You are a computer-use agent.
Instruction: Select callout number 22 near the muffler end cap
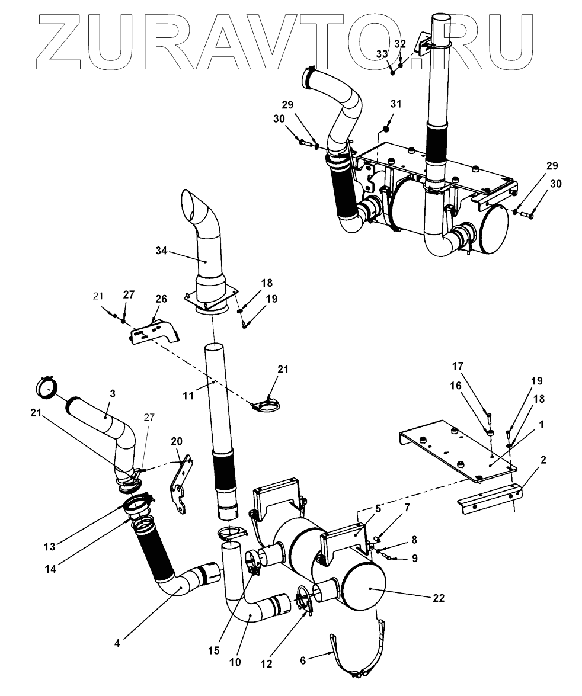[x=439, y=598]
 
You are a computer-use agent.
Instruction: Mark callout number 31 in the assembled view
[x=395, y=104]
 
